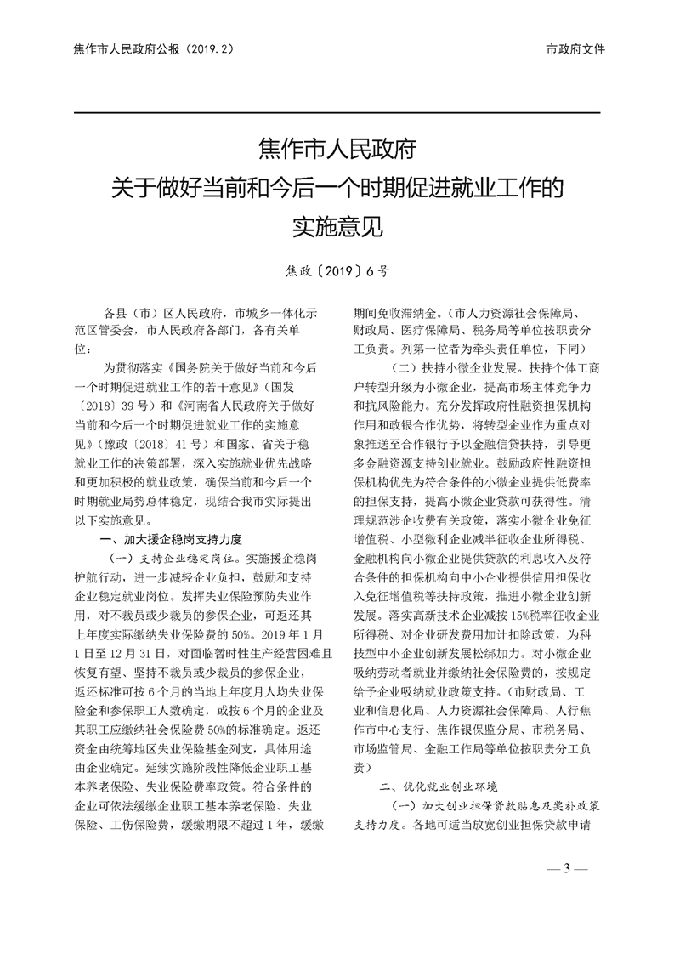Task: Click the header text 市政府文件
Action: tap(575, 49)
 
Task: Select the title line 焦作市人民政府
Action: tap(337, 151)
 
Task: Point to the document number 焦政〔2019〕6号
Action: tap(337, 273)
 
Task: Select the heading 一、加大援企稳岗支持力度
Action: tap(171, 539)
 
